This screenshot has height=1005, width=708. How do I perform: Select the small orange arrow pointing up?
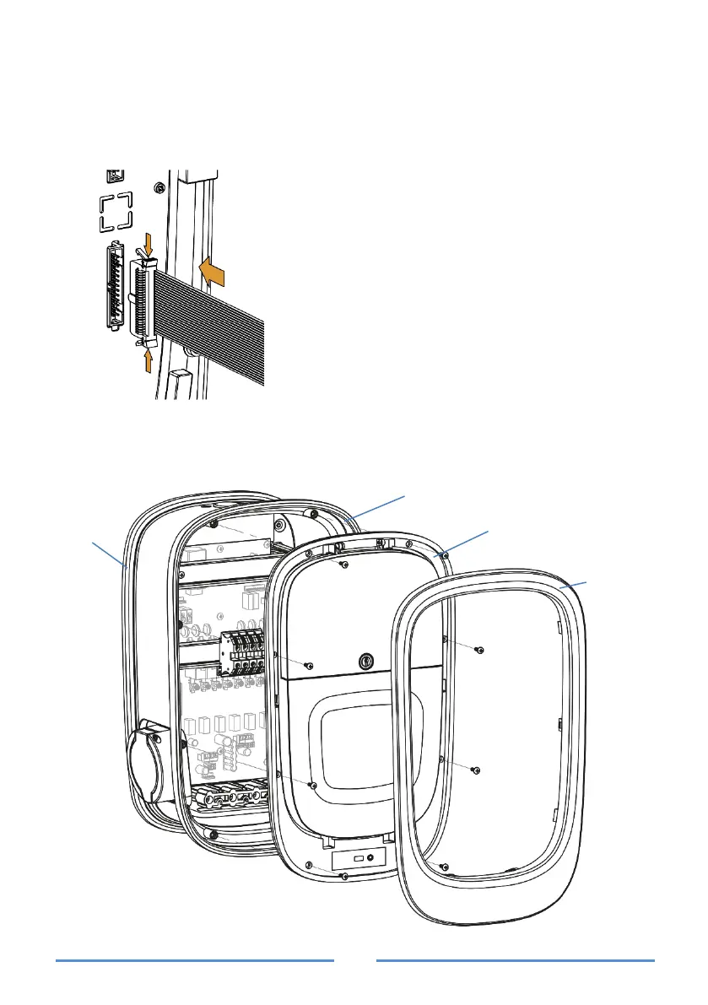tap(149, 360)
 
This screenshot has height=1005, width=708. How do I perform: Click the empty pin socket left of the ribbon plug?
tap(115, 284)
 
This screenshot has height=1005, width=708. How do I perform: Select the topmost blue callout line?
tap(380, 506)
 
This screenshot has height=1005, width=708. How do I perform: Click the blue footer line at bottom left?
tap(195, 959)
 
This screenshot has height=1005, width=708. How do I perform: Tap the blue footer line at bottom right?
tap(515, 959)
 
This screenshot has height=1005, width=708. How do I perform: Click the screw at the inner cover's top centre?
tap(341, 565)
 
